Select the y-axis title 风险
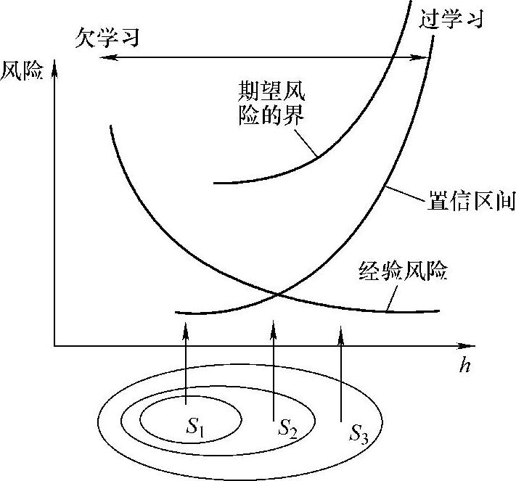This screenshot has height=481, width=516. click(22, 71)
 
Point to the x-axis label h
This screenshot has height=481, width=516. click(464, 366)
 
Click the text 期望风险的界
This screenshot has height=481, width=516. click(273, 102)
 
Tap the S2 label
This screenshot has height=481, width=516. click(287, 427)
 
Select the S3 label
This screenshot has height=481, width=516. click(359, 434)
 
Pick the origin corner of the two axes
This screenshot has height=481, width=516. click(54, 347)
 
